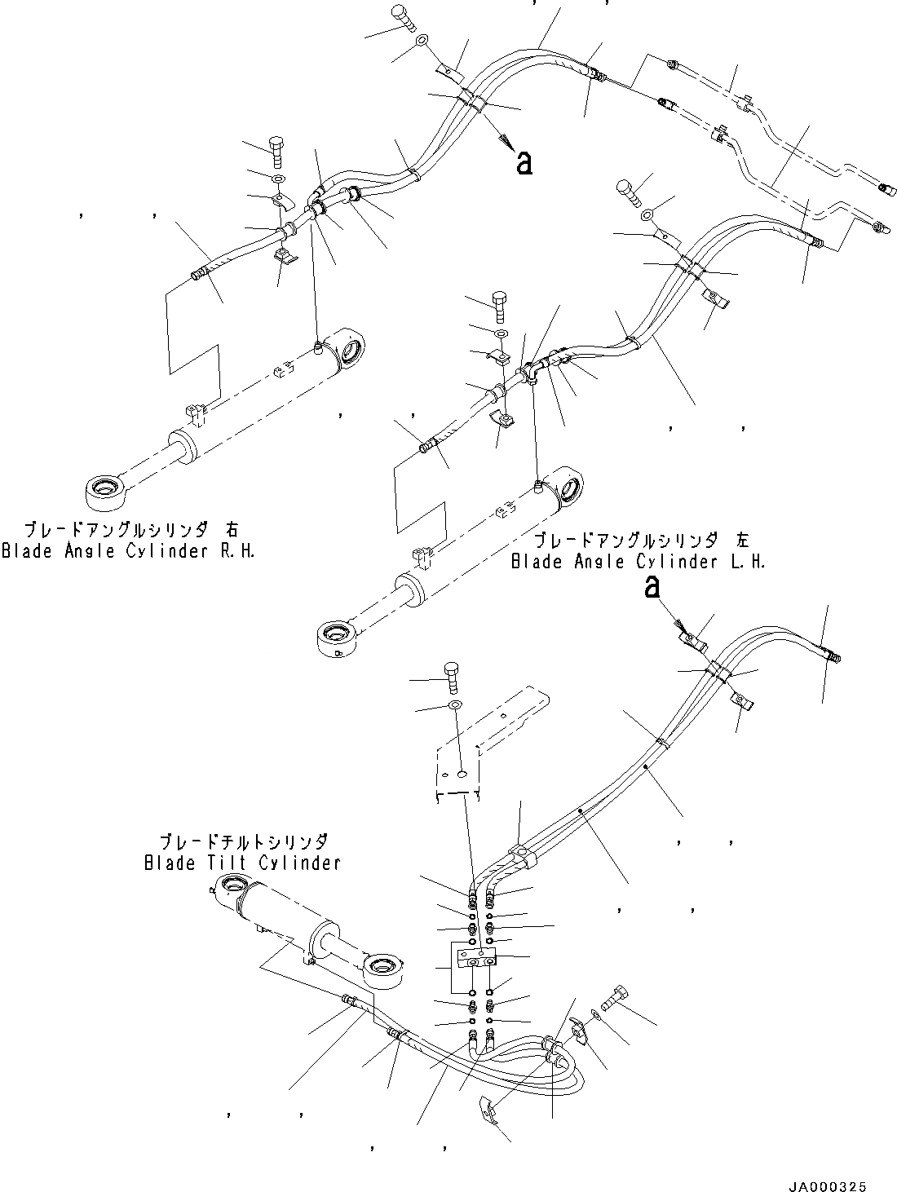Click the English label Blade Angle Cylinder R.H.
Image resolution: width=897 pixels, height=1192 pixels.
point(128,551)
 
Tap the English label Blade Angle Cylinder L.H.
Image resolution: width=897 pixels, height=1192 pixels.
point(638,562)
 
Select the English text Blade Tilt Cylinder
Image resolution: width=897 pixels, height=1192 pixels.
point(241,863)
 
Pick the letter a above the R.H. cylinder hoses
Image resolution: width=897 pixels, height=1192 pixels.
point(524,164)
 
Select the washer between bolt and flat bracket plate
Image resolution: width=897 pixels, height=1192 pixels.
point(454,704)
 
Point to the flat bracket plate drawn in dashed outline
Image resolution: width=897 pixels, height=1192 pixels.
point(489,738)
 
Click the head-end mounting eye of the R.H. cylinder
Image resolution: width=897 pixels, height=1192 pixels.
point(349,348)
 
